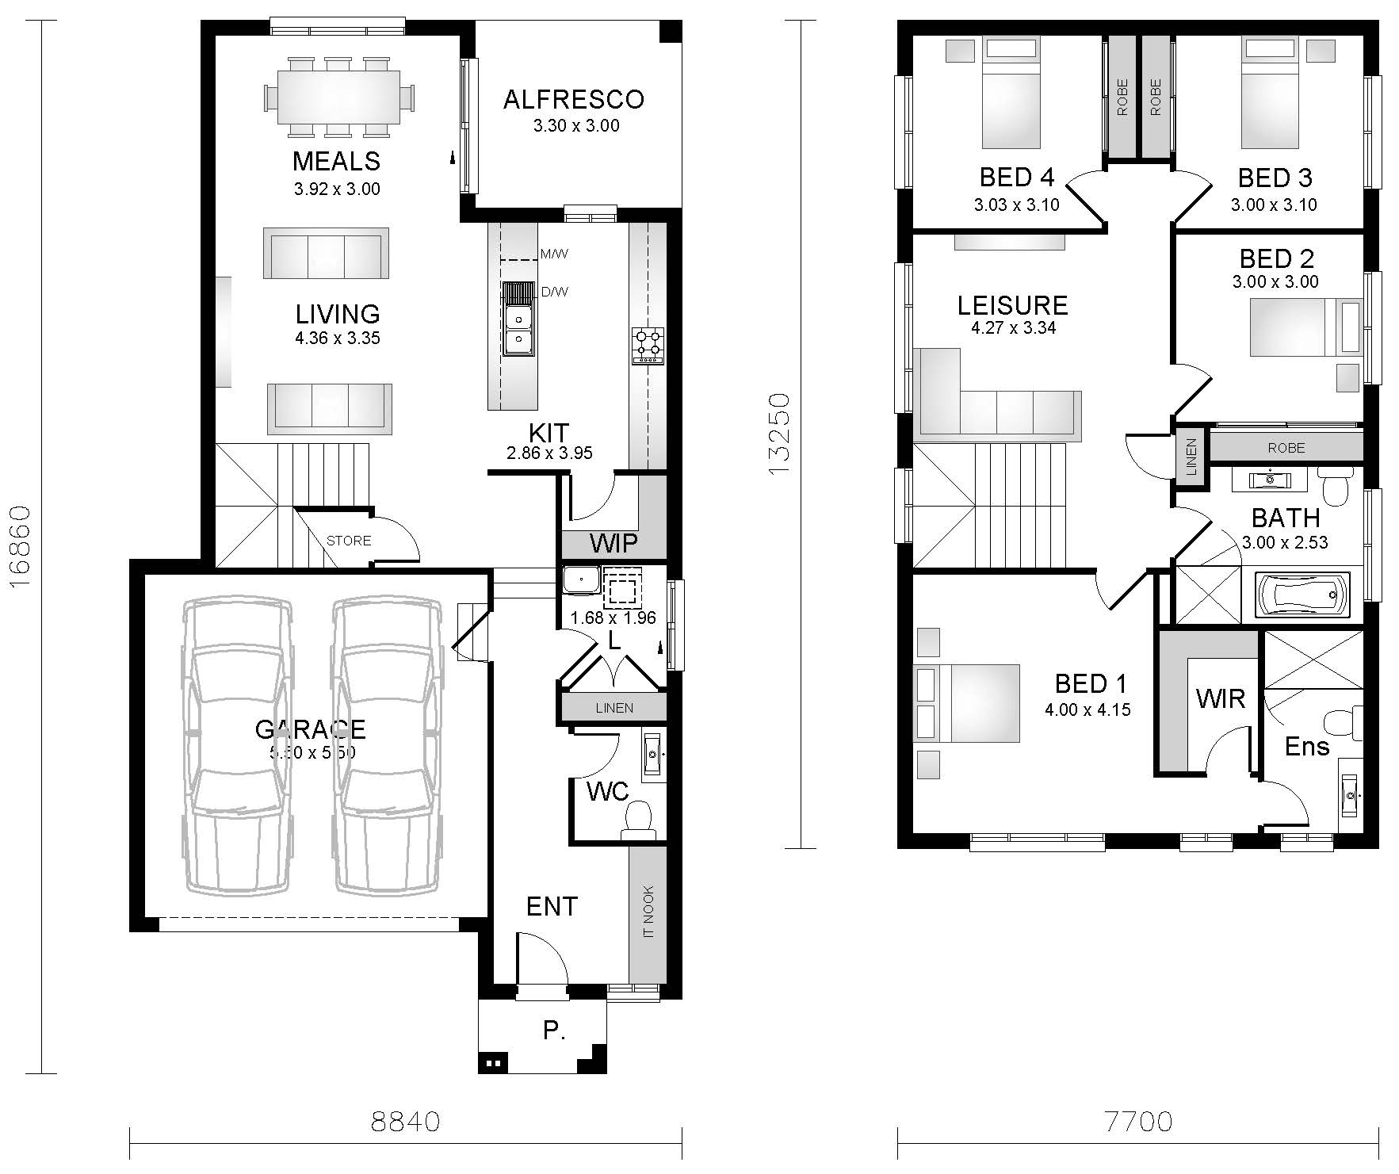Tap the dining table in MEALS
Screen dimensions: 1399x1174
[338, 98]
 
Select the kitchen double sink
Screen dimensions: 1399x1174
[518, 319]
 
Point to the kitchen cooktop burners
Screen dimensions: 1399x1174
[648, 346]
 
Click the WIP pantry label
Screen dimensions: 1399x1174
[613, 543]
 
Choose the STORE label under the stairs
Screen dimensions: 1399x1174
[349, 541]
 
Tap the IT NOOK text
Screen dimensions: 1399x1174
[648, 912]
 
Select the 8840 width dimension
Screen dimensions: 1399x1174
[405, 1122]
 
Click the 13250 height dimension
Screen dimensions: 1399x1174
[780, 434]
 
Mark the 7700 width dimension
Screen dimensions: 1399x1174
[1138, 1122]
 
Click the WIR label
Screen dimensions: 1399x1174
[1220, 698]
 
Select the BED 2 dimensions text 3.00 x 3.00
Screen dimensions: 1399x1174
[1275, 281]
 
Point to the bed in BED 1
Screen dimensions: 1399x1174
[967, 703]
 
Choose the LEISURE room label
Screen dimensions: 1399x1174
[1012, 305]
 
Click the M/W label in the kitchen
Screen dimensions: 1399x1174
[554, 254]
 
